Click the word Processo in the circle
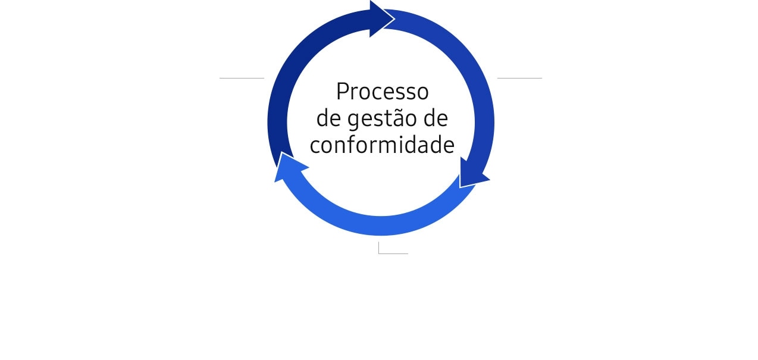tap(383, 92)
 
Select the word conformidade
tap(382, 145)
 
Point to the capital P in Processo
tap(343, 92)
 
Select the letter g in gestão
tap(353, 121)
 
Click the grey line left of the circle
tap(242, 78)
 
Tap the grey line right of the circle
tap(519, 78)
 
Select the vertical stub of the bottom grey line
tap(378, 248)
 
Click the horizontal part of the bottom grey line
tap(393, 253)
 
